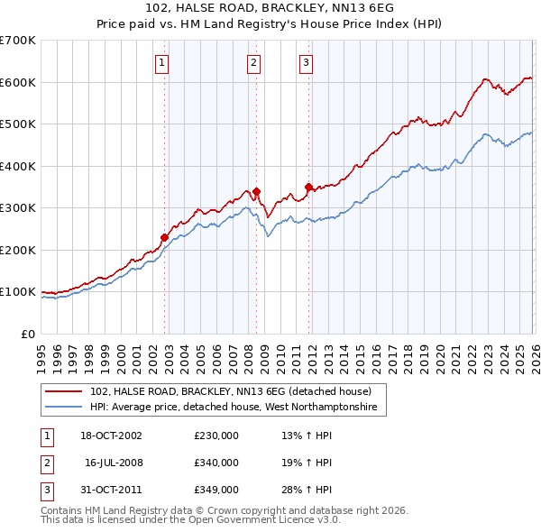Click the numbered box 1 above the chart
161,62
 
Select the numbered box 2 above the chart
254,62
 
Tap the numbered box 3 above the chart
307,62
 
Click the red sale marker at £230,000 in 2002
164,237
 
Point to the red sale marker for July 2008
256,191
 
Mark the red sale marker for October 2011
308,188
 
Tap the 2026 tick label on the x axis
533,352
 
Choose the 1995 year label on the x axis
41,352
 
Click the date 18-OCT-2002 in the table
112,436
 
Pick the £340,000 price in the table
216,463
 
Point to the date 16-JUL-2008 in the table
114,463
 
